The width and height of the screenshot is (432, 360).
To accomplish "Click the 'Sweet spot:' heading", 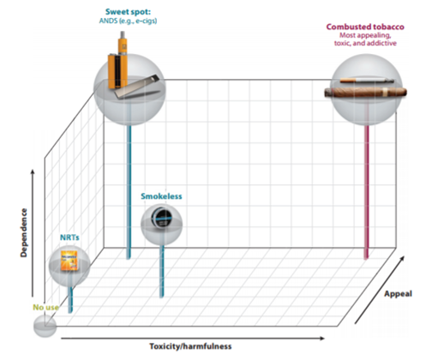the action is [128, 12].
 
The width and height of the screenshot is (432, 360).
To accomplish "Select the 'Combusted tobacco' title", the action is [365, 27].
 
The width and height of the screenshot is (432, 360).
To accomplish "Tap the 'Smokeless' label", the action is [161, 196].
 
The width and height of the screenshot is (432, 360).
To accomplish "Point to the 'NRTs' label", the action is [69, 237].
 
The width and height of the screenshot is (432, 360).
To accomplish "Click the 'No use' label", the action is [45, 308].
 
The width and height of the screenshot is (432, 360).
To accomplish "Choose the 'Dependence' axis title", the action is [24, 233].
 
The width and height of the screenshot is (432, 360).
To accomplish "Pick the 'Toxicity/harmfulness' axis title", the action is [190, 346].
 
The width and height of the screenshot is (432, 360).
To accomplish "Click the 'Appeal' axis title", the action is [398, 294].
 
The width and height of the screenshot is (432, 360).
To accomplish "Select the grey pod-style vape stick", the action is [137, 87].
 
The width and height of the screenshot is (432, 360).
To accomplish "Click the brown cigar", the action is [366, 93].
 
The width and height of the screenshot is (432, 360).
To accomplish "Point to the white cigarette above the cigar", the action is [367, 81].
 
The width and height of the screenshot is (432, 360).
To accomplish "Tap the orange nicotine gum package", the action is [69, 261].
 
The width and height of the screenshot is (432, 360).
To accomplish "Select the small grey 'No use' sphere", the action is [45, 326].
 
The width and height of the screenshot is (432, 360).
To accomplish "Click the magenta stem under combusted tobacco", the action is [366, 191].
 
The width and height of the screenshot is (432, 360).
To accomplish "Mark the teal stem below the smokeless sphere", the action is [162, 271].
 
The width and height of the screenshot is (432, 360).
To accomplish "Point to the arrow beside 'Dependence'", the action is [33, 233].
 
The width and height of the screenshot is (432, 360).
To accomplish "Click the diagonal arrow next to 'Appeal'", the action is [380, 290].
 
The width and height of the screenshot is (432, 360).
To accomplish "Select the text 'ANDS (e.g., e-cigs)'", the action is [128, 21].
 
